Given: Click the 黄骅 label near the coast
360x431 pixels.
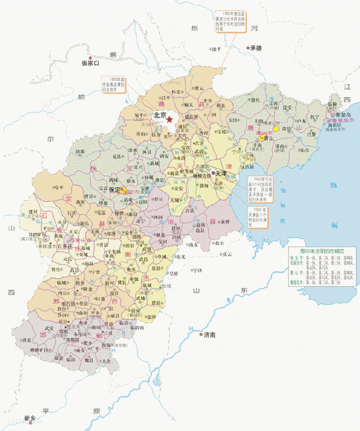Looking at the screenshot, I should (225, 221).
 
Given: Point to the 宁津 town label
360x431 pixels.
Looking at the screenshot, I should (196, 270).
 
